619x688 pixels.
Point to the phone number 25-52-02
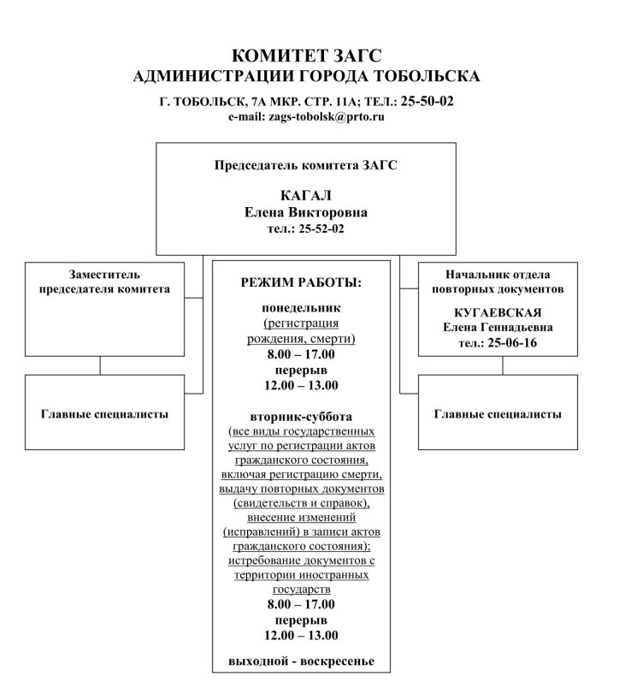coord(318,228)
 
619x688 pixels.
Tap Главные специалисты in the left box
coord(104,413)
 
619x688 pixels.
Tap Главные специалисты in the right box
coord(498,413)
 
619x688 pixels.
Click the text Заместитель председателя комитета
coord(104,282)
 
